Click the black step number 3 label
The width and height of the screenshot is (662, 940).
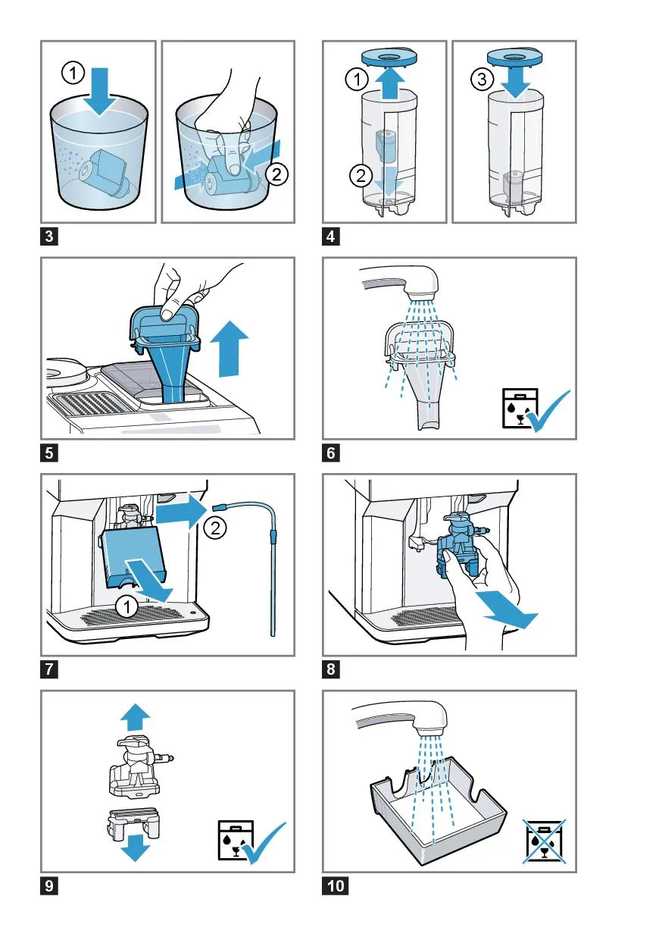click(49, 237)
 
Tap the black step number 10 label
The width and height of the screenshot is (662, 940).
click(336, 885)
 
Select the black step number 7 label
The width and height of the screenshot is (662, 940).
click(49, 669)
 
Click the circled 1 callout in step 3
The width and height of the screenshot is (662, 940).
click(73, 73)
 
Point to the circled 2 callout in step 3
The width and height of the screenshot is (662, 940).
click(276, 174)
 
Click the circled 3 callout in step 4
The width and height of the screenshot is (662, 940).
click(482, 79)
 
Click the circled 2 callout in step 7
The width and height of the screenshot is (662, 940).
click(215, 528)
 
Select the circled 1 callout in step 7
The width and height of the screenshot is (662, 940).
click(127, 606)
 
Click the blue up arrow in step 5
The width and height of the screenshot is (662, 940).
click(229, 348)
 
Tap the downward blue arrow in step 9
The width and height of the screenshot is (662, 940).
click(135, 848)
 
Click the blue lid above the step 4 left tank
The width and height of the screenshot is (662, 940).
click(390, 57)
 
